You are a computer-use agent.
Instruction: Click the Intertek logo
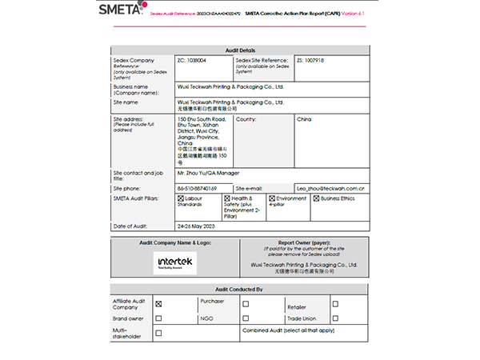click(174, 262)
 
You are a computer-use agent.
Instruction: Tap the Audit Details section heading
click(240, 50)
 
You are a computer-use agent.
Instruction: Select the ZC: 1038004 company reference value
click(191, 60)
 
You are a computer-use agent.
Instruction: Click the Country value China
click(304, 119)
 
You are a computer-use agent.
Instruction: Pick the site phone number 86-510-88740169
click(197, 188)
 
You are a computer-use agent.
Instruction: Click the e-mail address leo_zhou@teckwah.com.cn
click(331, 188)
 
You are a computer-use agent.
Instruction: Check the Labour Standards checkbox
click(180, 198)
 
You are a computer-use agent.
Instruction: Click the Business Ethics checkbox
click(316, 198)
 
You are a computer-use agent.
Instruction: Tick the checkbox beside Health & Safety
click(227, 198)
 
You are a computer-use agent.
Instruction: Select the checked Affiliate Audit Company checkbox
click(158, 304)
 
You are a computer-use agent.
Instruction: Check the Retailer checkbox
click(335, 304)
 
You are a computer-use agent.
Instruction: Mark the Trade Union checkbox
click(335, 318)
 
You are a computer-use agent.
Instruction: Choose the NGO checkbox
click(247, 318)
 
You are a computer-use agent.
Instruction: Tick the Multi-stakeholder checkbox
click(158, 332)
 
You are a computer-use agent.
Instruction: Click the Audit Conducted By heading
click(240, 290)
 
